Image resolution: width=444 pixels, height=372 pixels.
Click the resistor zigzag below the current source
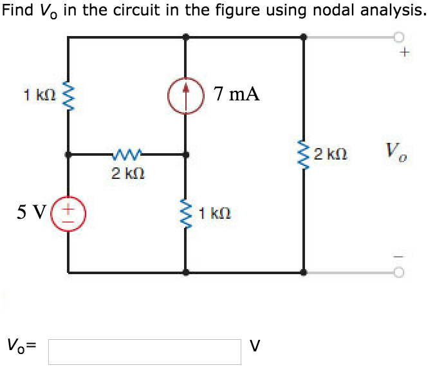tap(187, 213)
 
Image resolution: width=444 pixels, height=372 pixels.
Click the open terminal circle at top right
tap(401, 37)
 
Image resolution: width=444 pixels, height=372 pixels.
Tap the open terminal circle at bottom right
tap(401, 272)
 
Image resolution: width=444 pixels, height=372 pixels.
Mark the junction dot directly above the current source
tap(187, 37)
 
